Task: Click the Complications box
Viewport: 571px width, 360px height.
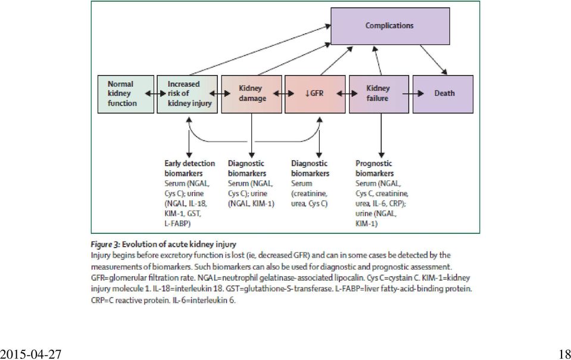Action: point(390,26)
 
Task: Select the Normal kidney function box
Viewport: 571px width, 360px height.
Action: point(126,94)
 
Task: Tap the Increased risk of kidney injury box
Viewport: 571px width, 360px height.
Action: point(187,94)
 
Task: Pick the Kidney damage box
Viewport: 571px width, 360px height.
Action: point(252,94)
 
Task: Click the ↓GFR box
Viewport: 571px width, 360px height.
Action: point(315,94)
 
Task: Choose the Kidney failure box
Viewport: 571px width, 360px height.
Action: point(379,94)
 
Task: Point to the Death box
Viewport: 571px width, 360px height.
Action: point(443,94)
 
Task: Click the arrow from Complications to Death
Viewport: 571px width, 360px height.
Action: point(433,60)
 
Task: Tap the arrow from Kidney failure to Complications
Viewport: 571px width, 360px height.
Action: point(377,61)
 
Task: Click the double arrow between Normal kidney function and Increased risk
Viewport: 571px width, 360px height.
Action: point(155,93)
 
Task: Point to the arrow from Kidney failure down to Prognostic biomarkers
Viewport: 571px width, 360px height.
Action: point(381,136)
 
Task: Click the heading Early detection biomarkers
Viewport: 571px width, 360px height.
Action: point(189,168)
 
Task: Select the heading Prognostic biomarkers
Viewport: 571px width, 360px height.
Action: point(375,168)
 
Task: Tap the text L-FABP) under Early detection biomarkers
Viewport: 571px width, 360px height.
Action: point(177,224)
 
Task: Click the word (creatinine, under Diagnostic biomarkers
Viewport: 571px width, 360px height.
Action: point(309,193)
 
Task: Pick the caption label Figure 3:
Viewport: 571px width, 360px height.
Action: point(105,244)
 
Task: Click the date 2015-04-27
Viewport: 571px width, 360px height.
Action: point(30,354)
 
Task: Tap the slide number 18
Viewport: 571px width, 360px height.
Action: point(564,354)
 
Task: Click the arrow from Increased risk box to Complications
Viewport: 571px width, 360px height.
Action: point(260,50)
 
